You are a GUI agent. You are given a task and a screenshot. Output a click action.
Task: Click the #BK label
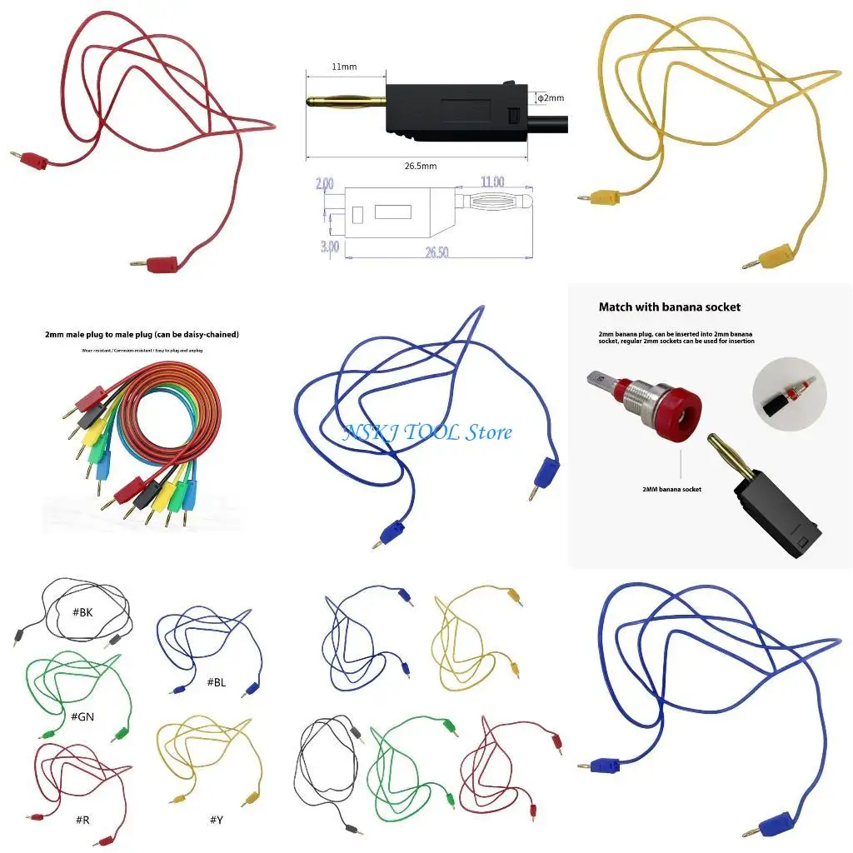pyautogui.click(x=82, y=612)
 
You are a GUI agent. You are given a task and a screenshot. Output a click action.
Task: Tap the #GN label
pyautogui.click(x=82, y=716)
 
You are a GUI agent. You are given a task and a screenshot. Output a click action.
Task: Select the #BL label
pyautogui.click(x=217, y=681)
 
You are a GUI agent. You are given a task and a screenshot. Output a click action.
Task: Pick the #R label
pyautogui.click(x=82, y=820)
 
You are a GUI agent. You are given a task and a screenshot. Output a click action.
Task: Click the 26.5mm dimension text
pyautogui.click(x=421, y=166)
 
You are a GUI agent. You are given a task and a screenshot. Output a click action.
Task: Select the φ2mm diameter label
pyautogui.click(x=550, y=97)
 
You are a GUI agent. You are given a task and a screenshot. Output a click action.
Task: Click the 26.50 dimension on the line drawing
pyautogui.click(x=436, y=252)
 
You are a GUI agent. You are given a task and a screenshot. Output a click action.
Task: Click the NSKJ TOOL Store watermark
pyautogui.click(x=428, y=432)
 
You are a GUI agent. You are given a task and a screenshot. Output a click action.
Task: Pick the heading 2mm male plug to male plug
pyautogui.click(x=142, y=335)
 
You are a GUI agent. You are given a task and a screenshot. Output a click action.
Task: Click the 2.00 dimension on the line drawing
pyautogui.click(x=326, y=183)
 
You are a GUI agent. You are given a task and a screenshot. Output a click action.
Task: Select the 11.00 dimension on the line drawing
pyautogui.click(x=491, y=182)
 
